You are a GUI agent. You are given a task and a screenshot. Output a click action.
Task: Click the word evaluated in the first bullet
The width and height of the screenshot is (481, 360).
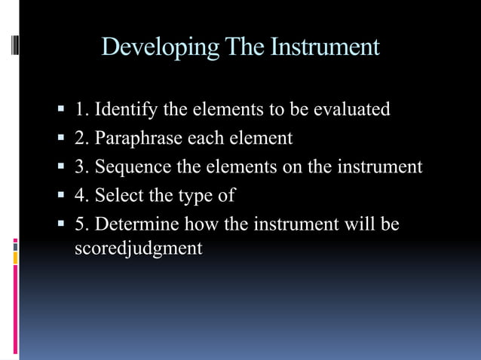coord(351,110)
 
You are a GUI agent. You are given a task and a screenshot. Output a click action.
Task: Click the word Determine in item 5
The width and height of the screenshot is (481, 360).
coord(136,224)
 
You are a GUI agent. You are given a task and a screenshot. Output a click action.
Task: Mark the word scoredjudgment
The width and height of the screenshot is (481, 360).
coord(139,249)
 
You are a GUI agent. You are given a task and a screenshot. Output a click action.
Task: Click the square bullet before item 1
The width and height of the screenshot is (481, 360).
coord(62,110)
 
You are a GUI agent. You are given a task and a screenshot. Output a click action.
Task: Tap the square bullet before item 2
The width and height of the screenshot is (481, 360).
coord(62,139)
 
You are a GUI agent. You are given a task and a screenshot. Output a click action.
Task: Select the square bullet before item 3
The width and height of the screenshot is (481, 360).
coord(62,167)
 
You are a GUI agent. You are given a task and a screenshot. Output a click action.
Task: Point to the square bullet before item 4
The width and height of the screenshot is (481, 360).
coord(62,196)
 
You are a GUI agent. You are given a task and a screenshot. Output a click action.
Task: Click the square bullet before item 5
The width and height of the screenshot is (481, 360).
coord(62,224)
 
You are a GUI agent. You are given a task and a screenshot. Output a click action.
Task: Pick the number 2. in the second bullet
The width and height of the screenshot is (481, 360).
coord(82,139)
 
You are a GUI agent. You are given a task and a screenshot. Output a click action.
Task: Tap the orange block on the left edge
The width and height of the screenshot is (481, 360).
coord(14,258)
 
